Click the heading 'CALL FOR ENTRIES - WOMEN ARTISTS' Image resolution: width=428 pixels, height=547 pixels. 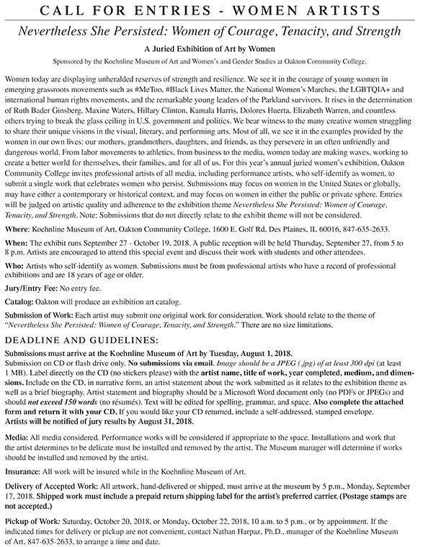[214, 9]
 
